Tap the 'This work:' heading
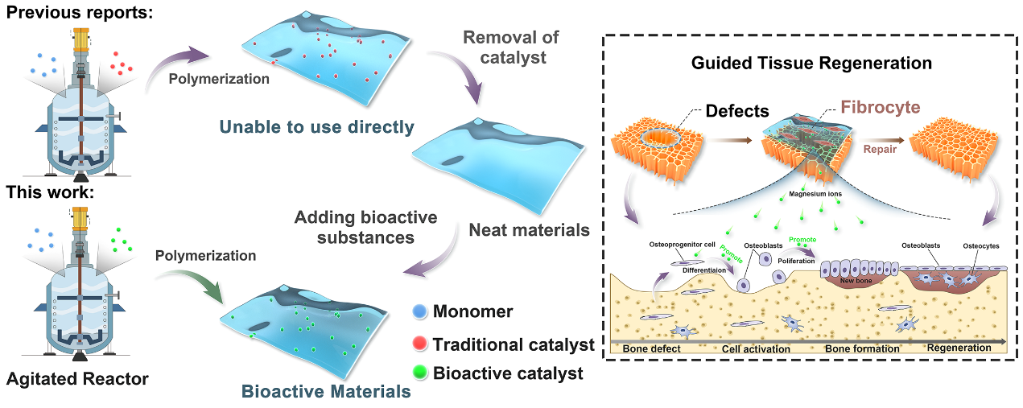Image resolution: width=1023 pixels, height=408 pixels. point(50,193)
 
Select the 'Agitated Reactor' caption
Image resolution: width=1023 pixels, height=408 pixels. point(77,378)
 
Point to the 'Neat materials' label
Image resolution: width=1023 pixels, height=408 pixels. point(530,230)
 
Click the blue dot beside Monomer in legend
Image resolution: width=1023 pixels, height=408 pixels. point(419,311)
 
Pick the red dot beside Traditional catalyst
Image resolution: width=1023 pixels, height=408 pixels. point(419,344)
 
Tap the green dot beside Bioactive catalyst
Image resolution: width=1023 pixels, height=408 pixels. point(419,373)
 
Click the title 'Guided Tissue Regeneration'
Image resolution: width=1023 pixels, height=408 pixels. point(811,63)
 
